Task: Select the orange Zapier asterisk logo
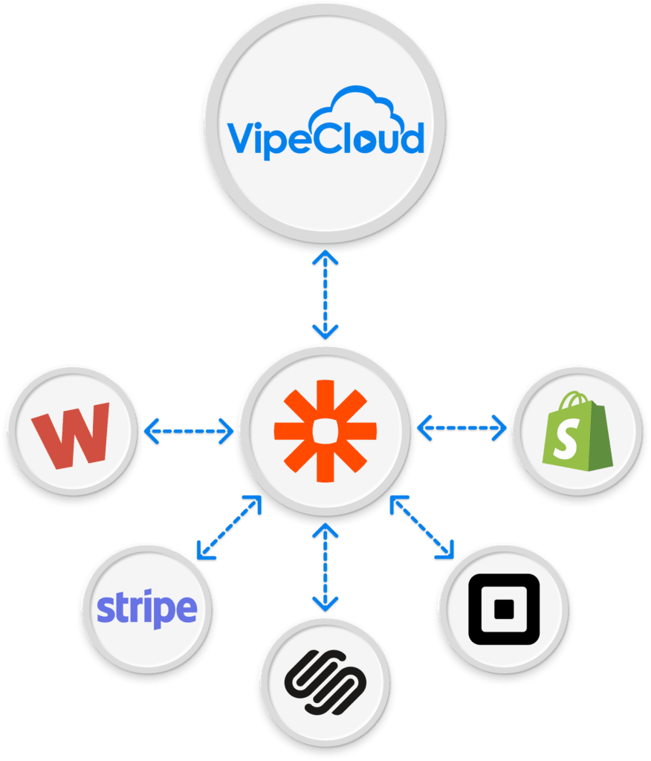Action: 325,430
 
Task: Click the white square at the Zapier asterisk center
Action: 325,430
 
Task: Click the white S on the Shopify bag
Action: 574,441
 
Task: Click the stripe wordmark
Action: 146,609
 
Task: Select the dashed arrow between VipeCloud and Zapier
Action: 325,294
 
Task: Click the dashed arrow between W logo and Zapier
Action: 188,430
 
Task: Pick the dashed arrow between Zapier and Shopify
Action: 462,427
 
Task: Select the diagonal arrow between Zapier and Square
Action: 422,527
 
